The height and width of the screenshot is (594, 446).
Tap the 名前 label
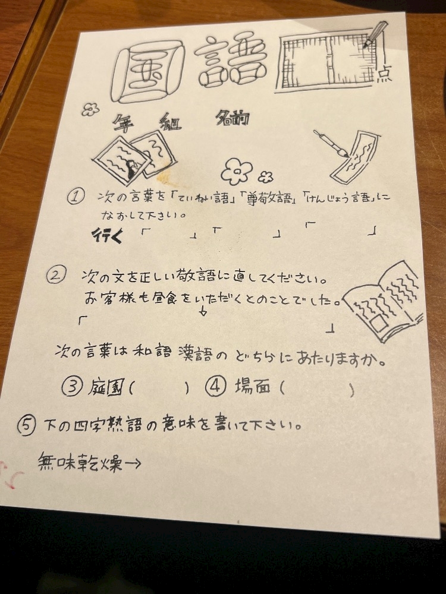(x=232, y=118)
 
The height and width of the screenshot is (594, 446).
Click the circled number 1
(x=75, y=197)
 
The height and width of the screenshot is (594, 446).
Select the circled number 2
(x=56, y=274)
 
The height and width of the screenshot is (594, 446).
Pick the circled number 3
(x=72, y=387)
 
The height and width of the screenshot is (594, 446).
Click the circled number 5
(x=27, y=425)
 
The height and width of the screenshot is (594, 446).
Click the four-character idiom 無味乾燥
(x=80, y=462)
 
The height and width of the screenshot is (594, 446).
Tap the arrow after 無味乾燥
(x=133, y=463)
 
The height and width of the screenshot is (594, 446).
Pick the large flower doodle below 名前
(x=236, y=172)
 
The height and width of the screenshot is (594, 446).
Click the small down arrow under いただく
(x=203, y=311)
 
